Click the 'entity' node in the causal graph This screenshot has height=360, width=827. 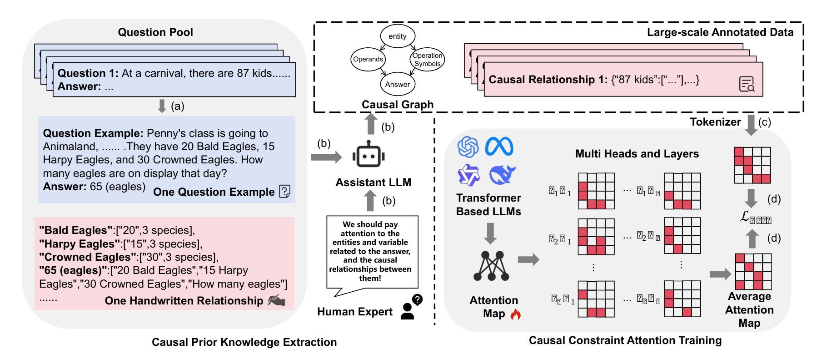pos(397,36)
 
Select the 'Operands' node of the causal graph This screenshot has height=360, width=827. pos(368,59)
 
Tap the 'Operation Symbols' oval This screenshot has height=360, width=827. pos(427,60)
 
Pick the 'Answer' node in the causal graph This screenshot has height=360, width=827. pos(397,84)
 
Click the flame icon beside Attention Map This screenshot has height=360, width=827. pos(515,314)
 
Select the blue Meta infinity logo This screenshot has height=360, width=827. pos(499,147)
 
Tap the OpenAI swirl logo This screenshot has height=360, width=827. pos(468,147)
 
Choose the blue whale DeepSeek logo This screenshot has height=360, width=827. pos(502,175)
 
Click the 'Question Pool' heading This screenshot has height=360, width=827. pos(155,32)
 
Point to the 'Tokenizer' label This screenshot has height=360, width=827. pos(715,122)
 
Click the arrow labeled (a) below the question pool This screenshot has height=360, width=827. pos(162,106)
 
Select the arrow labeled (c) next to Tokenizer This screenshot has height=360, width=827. pos(752,125)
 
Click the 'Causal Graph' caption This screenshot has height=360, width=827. pos(397,105)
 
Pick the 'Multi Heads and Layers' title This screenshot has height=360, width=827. pos(637,154)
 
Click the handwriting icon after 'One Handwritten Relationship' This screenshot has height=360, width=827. pos(277,300)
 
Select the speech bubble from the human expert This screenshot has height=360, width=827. pos(372,253)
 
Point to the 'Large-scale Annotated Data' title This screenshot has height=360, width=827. pos(720,32)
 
